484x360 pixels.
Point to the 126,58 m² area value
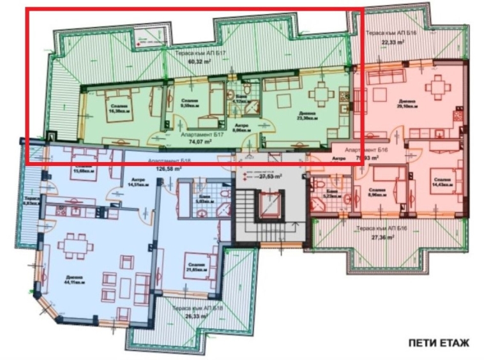(170, 170)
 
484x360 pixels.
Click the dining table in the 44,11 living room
(76, 246)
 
